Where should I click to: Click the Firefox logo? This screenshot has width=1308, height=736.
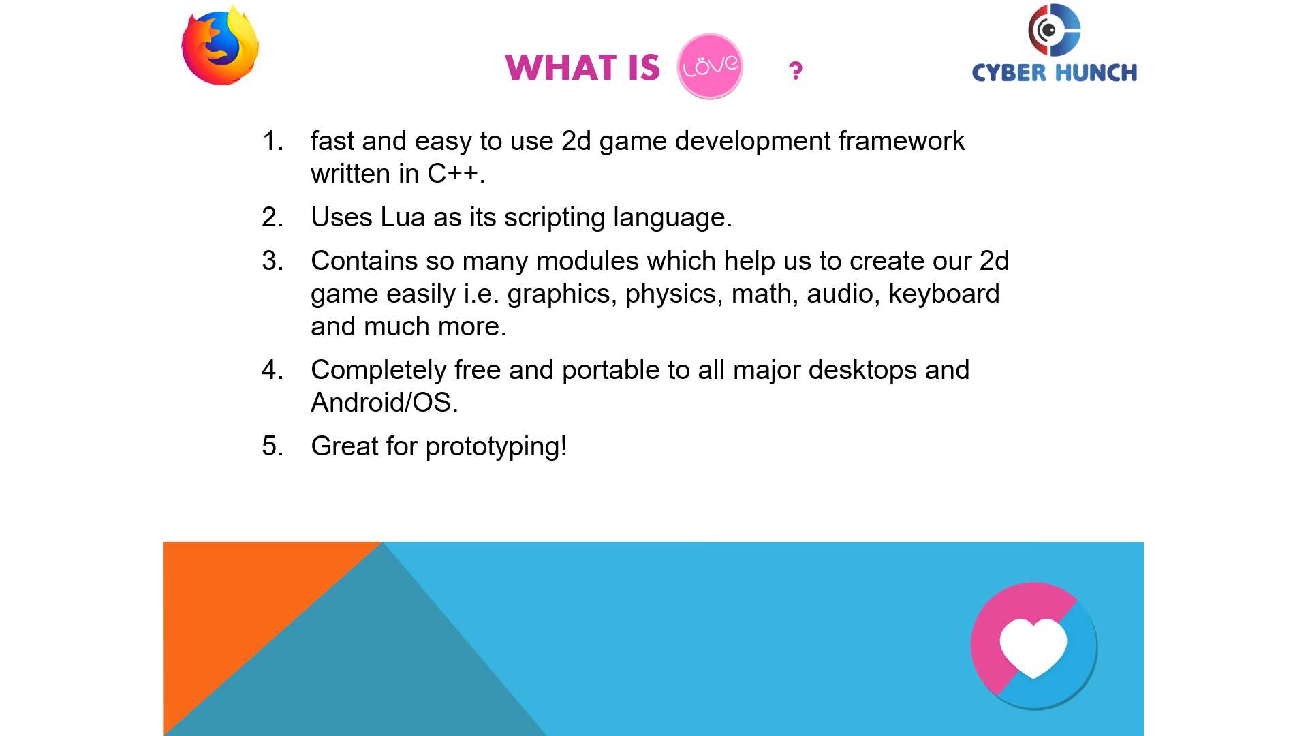pos(220,46)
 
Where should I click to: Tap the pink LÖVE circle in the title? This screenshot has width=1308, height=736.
pos(710,66)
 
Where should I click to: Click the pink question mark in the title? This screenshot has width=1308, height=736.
pos(795,70)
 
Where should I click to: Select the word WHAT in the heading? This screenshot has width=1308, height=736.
pos(561,67)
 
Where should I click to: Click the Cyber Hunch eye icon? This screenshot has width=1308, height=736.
pos(1054,30)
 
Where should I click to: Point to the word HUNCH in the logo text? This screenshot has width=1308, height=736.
pos(1096,72)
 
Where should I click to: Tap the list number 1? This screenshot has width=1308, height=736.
pos(272,141)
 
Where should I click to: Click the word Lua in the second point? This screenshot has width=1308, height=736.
pos(403,217)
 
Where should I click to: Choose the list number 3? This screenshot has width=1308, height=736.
pos(272,261)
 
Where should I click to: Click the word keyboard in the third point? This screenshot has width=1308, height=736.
pos(944,294)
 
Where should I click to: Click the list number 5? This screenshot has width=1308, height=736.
pos(272,446)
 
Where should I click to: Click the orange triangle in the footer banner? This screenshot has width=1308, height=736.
pos(245,613)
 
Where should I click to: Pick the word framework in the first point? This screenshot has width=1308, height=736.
pos(901,141)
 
